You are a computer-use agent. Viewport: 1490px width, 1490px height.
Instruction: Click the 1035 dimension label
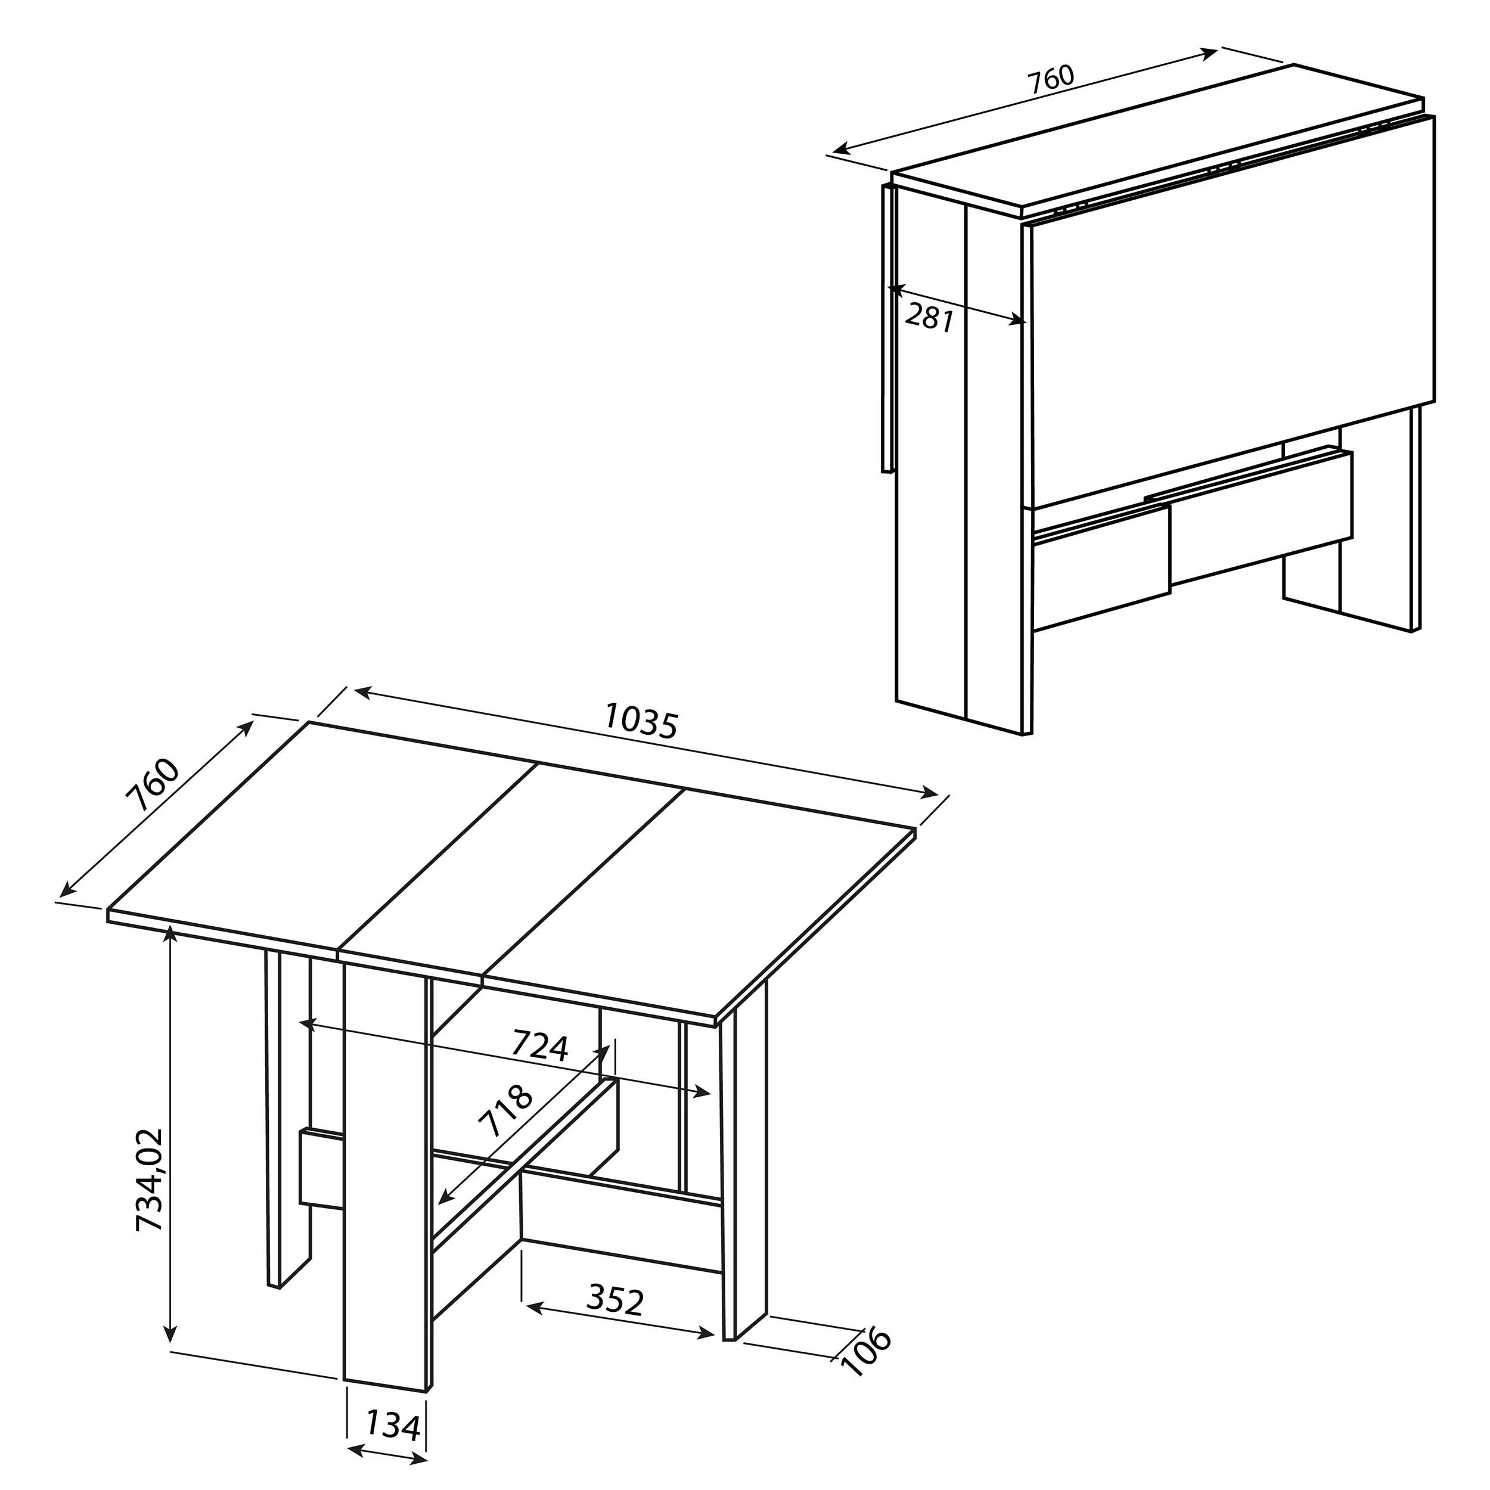(x=640, y=722)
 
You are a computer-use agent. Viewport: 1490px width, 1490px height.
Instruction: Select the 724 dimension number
(x=540, y=1047)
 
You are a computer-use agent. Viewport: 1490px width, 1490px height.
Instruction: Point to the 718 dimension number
(x=505, y=1112)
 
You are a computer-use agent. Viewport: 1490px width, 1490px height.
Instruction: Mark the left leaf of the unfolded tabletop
(x=324, y=833)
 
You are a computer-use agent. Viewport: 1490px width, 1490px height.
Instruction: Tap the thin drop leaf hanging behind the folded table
(x=887, y=331)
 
